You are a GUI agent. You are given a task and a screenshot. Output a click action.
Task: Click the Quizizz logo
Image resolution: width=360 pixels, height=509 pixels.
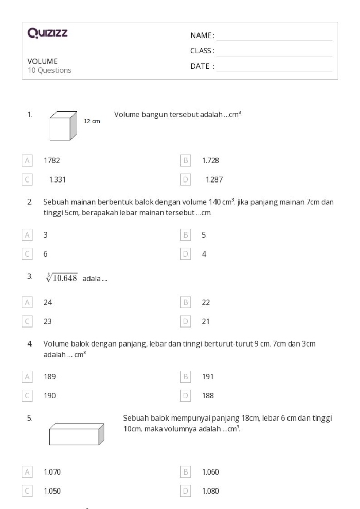coord(48,34)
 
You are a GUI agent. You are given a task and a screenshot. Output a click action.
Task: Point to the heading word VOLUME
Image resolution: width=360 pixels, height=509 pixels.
coord(42,61)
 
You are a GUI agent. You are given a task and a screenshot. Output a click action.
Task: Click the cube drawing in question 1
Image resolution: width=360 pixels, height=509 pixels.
coord(63,126)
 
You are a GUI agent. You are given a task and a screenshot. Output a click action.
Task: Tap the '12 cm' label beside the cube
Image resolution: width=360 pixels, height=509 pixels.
coord(92,122)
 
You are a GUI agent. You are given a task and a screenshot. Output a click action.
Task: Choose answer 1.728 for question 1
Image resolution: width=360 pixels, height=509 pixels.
coord(210,161)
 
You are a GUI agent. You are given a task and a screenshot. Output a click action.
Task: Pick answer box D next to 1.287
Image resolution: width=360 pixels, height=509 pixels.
coord(186,180)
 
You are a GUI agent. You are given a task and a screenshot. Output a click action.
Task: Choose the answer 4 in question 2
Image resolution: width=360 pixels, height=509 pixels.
coord(204,253)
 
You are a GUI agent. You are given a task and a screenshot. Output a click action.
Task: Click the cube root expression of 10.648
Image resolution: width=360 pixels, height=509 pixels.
coord(61,278)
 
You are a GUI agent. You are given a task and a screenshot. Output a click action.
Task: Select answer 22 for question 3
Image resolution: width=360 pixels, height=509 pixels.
coord(206,303)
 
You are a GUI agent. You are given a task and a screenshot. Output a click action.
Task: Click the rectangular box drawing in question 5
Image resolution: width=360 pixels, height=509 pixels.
coord(77,433)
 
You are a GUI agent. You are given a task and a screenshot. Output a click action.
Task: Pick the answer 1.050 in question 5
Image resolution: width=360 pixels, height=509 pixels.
coord(52,491)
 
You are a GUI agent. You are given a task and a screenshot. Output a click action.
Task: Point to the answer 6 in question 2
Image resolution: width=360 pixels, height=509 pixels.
coord(46,253)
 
